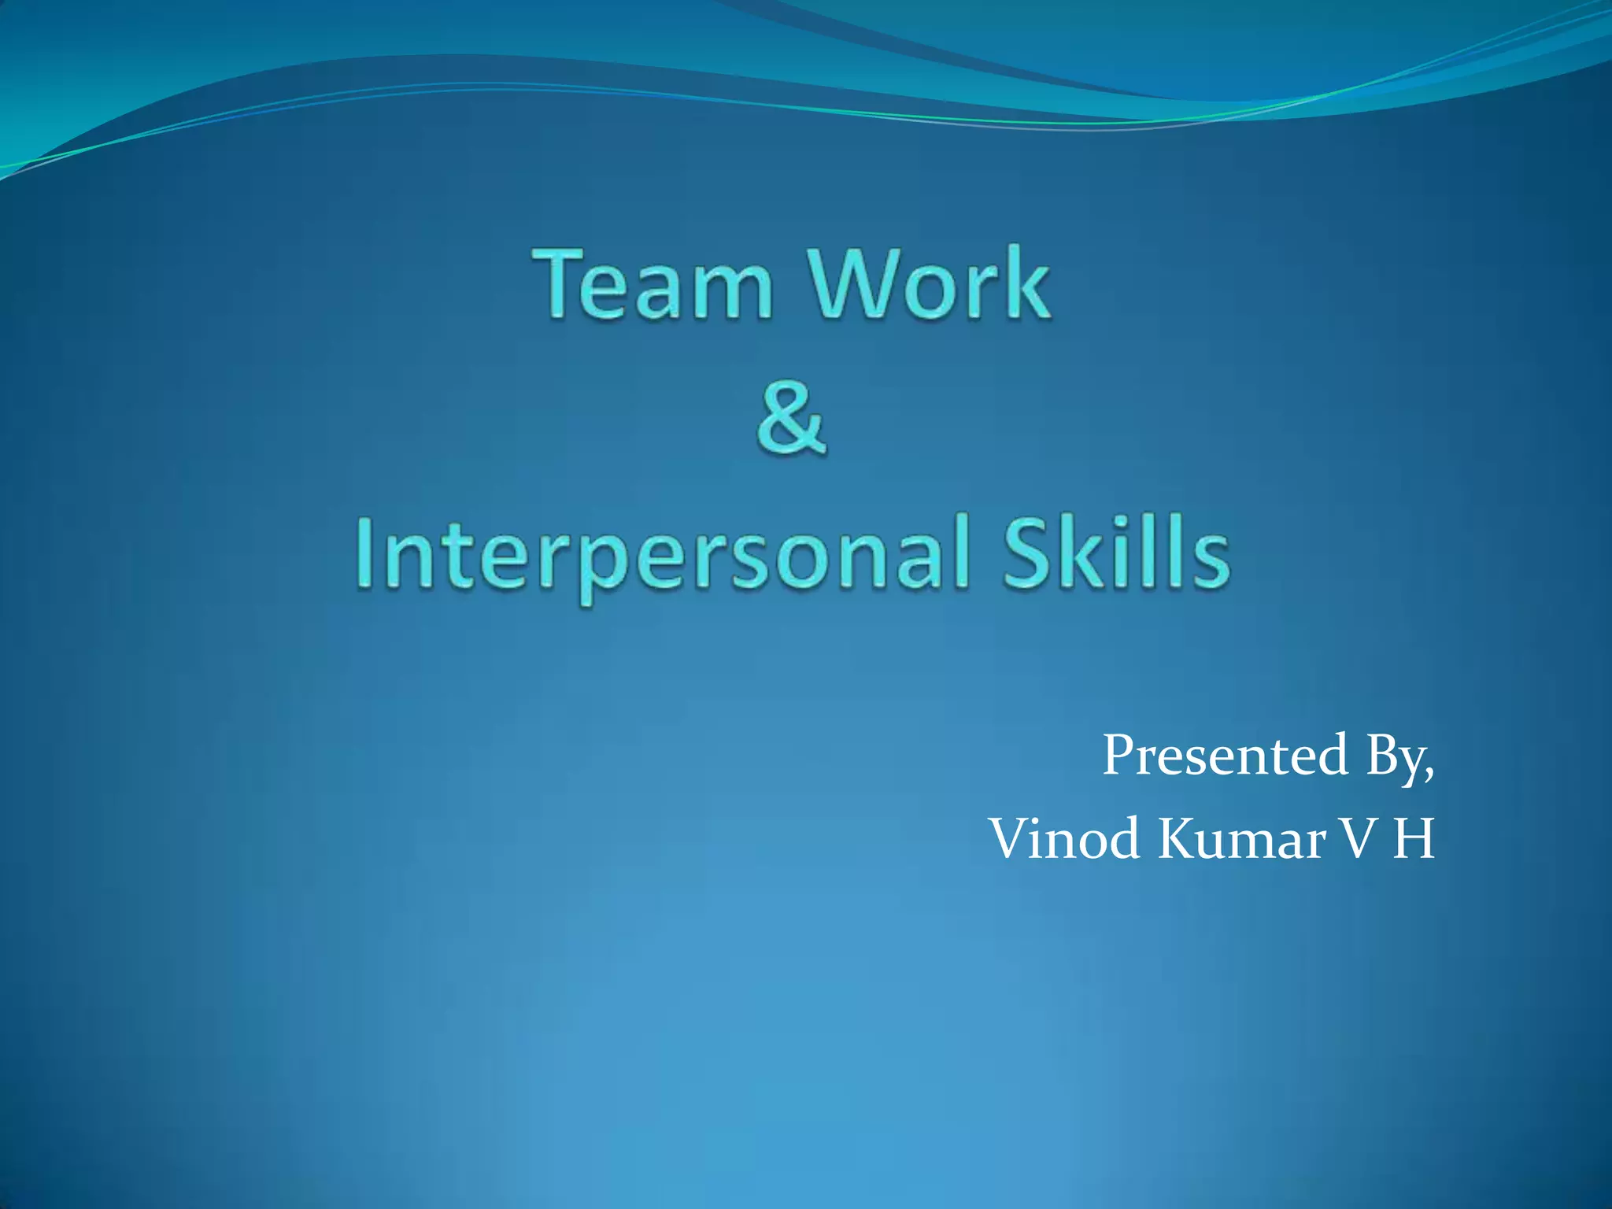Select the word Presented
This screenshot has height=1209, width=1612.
pyautogui.click(x=1225, y=756)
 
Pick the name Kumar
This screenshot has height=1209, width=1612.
pyautogui.click(x=1244, y=839)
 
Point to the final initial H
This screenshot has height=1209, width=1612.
pyautogui.click(x=1414, y=839)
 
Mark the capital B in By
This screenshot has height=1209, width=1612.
pyautogui.click(x=1382, y=756)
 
